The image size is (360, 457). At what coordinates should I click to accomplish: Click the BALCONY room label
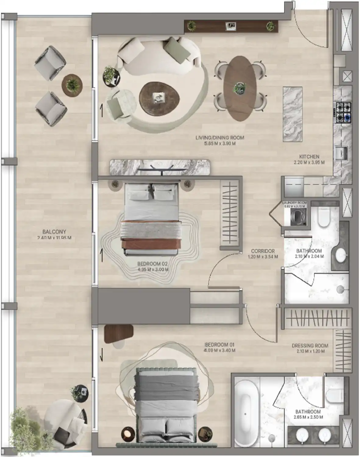tap(54, 232)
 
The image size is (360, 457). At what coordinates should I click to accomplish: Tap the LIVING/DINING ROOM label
tap(220, 138)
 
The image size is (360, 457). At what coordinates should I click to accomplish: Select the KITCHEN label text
tap(309, 157)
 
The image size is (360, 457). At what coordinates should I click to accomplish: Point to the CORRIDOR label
tap(263, 251)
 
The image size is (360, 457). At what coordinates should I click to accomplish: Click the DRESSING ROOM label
tap(310, 345)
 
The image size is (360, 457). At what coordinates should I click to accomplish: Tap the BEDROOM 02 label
tap(152, 264)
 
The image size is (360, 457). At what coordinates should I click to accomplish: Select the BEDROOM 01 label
tap(219, 345)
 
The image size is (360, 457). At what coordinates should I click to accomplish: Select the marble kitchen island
tap(293, 114)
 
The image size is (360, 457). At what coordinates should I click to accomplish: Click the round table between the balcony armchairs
tap(72, 84)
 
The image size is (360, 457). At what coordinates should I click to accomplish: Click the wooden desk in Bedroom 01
tap(118, 333)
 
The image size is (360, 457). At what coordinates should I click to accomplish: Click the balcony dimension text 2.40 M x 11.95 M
tap(54, 238)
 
